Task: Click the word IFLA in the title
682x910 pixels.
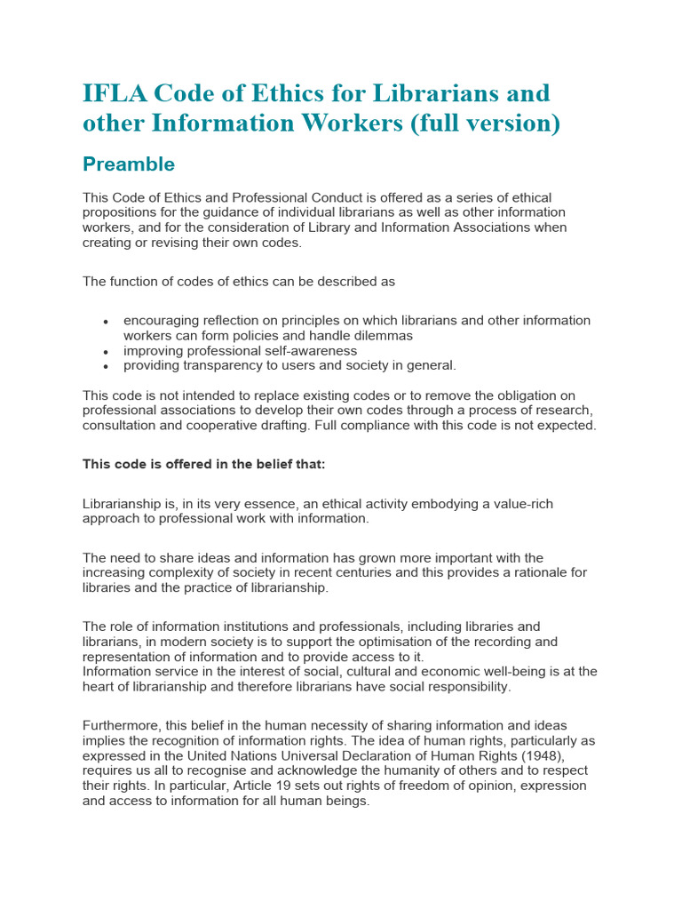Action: tap(113, 93)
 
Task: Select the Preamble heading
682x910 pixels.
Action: tap(129, 164)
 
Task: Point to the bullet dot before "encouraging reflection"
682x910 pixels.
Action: tap(106, 322)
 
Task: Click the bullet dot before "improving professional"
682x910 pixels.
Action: tap(106, 352)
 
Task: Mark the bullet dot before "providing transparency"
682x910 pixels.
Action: tap(106, 366)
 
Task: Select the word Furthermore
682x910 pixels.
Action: tap(122, 726)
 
